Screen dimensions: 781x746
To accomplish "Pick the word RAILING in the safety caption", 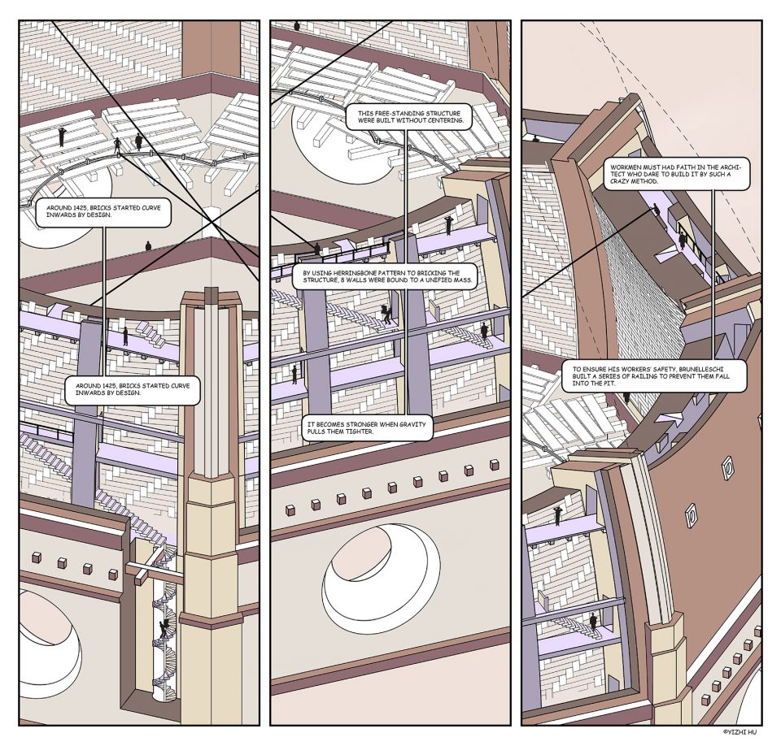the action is pyautogui.click(x=632, y=376).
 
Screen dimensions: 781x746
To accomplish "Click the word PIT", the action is pyautogui.click(x=609, y=384).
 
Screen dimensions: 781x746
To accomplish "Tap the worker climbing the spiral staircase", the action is pyautogui.click(x=163, y=629).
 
